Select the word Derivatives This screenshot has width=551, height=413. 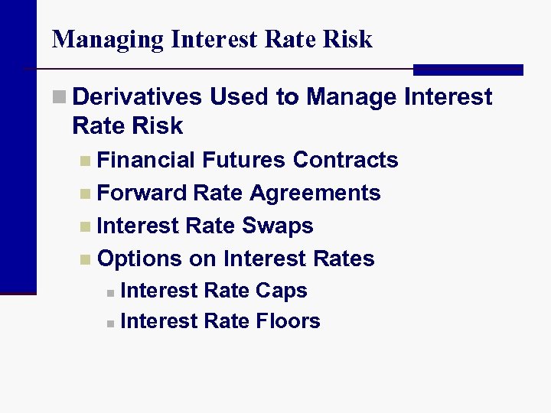click(x=139, y=97)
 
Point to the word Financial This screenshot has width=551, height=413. click(x=147, y=160)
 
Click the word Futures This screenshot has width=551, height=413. click(x=244, y=160)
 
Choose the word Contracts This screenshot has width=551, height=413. click(x=346, y=160)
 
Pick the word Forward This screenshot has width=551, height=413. click(x=142, y=193)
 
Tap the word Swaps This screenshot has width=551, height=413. click(x=278, y=226)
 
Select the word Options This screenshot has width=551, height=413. click(x=140, y=259)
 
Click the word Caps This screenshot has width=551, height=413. click(x=282, y=291)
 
